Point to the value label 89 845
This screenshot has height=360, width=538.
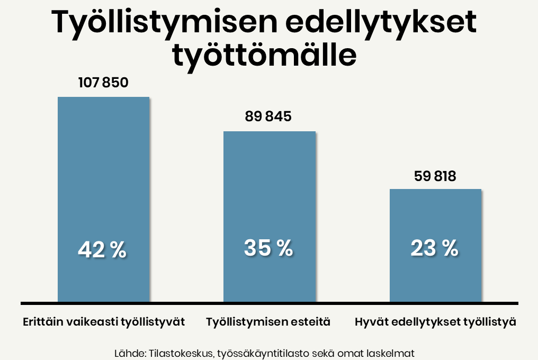[x=268, y=116]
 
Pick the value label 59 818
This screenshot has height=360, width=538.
[x=435, y=176]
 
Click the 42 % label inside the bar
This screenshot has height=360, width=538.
[x=102, y=250]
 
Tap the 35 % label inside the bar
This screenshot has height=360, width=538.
[x=268, y=248]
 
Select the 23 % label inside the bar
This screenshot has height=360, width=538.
[x=435, y=248]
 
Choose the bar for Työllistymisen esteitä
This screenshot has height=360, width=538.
[x=269, y=201]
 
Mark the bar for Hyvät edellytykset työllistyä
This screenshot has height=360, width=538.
[x=435, y=222]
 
